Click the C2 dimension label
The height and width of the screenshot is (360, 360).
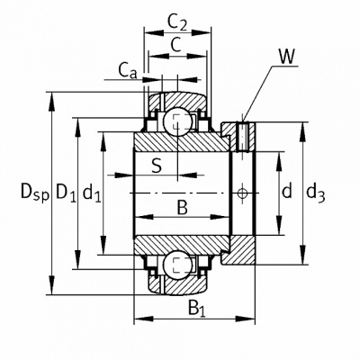177,22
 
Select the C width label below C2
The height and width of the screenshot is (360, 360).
176,45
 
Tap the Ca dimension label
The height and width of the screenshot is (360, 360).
128,71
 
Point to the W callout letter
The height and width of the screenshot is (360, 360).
287,57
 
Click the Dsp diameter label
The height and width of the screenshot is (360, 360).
34,193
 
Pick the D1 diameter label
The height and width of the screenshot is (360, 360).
67,193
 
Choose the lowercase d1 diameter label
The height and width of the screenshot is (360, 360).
92,193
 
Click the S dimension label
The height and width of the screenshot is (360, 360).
157,166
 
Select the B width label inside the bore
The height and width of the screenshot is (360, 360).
182,208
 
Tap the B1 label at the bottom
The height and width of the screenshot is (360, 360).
197,308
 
